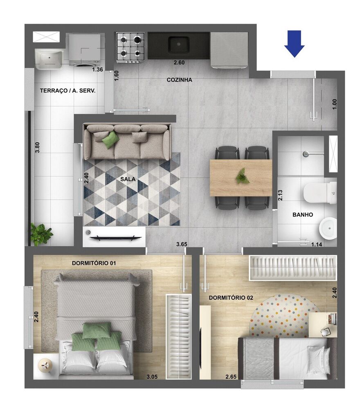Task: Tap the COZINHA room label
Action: [179, 80]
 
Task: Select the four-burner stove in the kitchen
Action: [130, 47]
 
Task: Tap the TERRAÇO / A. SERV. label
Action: [67, 91]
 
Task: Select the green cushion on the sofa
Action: [110, 139]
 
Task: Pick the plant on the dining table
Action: [242, 176]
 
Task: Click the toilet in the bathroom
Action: [319, 193]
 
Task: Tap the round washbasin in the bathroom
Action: [328, 227]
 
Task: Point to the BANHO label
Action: [303, 214]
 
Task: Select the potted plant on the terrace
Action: [41, 234]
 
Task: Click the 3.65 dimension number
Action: [182, 244]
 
